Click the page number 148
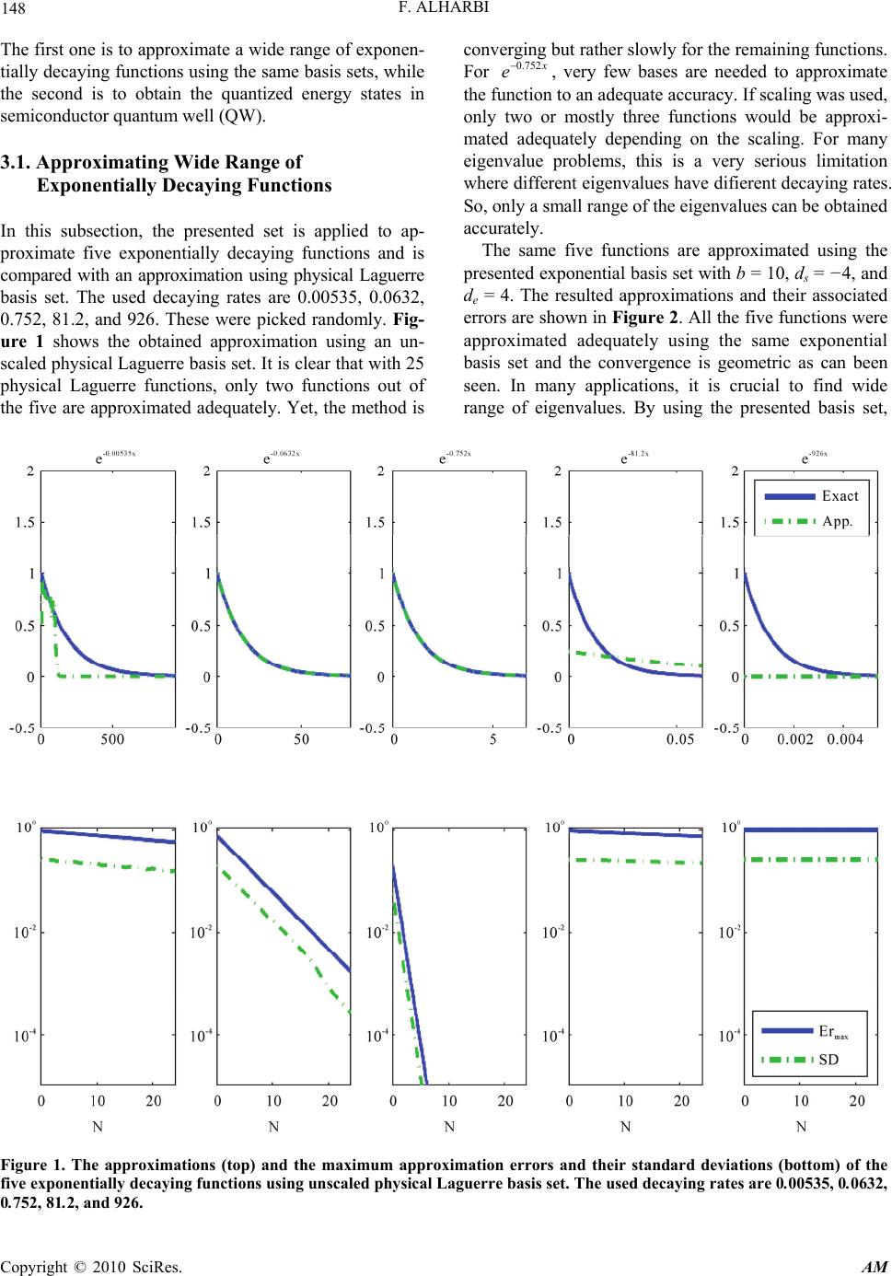13,8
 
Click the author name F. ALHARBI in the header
445,6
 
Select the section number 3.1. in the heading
16,162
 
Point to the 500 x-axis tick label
112,739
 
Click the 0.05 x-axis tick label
680,739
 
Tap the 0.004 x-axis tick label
845,739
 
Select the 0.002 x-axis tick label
795,739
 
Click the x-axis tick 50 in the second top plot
301,739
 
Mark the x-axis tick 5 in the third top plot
492,739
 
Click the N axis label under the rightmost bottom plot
801,1126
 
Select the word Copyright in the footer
34,1267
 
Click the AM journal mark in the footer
875,1267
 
